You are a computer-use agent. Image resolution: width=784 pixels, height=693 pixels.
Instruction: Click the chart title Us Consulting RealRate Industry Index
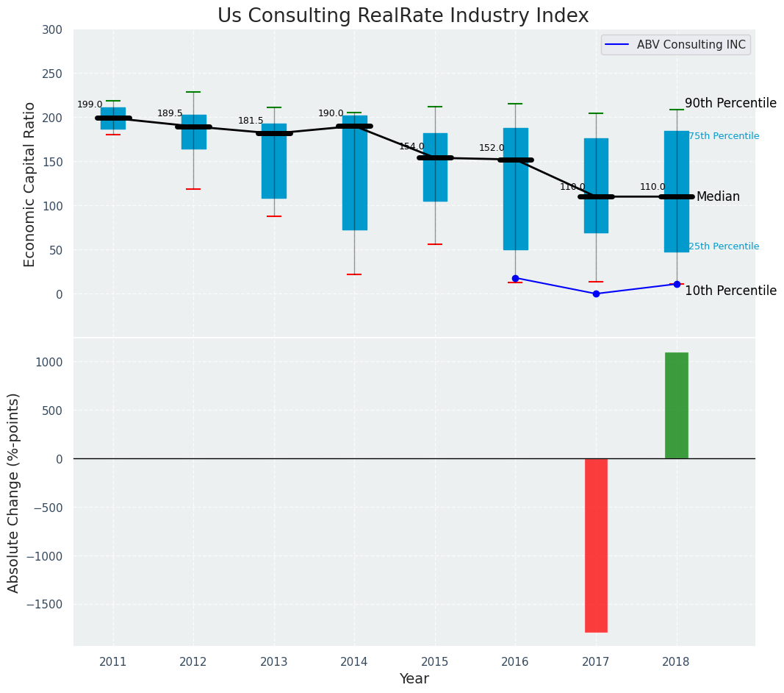click(403, 16)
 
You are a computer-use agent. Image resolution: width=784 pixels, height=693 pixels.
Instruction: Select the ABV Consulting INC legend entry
click(691, 45)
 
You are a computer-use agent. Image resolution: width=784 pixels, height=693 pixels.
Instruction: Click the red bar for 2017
click(596, 545)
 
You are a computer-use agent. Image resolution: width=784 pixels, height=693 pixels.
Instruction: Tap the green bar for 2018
click(676, 405)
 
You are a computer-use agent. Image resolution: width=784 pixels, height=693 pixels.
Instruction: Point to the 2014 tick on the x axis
click(354, 661)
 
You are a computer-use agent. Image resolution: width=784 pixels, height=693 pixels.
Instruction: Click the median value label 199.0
click(90, 104)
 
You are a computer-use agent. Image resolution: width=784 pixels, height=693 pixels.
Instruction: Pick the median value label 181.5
click(251, 121)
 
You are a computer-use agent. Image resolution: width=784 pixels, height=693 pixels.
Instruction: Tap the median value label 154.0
click(411, 146)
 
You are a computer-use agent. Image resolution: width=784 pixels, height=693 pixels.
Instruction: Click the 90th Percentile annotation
click(730, 103)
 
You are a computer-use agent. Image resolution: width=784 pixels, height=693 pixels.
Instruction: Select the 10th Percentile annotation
click(730, 291)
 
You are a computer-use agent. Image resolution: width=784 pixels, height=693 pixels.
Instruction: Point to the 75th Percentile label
click(724, 136)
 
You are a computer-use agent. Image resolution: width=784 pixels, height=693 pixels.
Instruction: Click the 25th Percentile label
click(724, 246)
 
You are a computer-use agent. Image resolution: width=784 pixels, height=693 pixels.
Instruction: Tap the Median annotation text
click(718, 196)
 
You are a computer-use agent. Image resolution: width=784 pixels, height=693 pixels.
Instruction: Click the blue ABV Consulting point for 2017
click(596, 294)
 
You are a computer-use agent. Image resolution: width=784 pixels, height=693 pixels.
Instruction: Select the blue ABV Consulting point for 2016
click(515, 278)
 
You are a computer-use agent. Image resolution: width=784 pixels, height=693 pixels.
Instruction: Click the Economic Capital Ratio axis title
click(30, 184)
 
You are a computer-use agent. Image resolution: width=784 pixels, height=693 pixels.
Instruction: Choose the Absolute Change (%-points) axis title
click(14, 492)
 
